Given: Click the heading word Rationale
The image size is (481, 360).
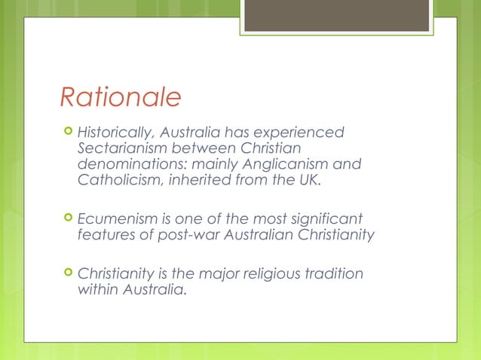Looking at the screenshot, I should pyautogui.click(x=121, y=96).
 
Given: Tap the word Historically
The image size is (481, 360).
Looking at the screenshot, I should pyautogui.click(x=115, y=133).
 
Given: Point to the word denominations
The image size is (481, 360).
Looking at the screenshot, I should pyautogui.click(x=127, y=164).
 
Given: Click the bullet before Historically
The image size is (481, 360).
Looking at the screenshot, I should pyautogui.click(x=67, y=133).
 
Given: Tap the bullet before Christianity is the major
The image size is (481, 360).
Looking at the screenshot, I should pyautogui.click(x=67, y=274).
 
